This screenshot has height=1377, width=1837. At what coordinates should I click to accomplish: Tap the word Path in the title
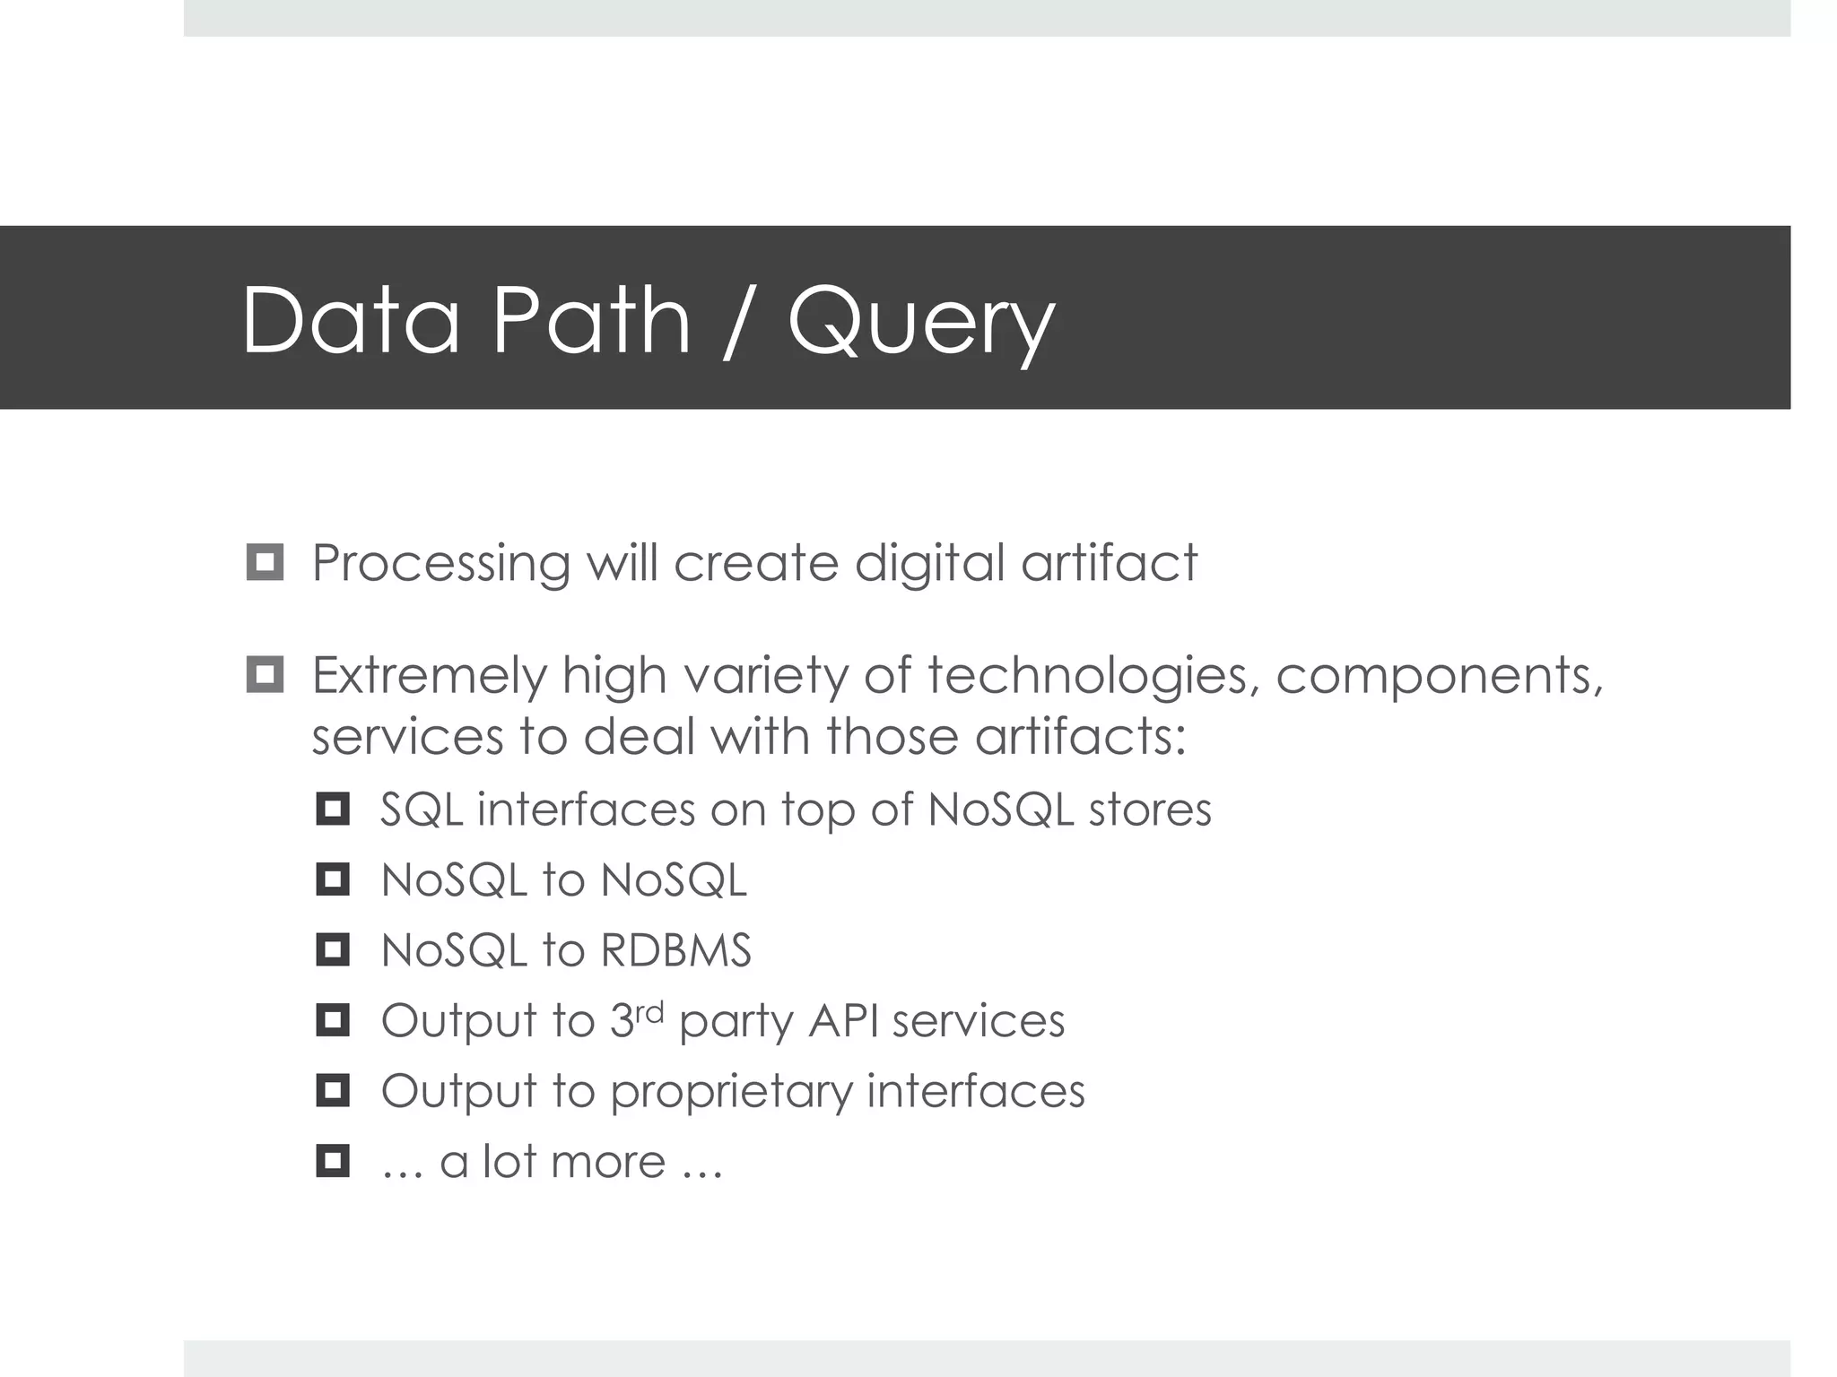(591, 319)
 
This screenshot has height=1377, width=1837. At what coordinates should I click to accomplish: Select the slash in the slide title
(739, 321)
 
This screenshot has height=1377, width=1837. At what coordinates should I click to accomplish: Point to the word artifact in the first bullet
(1109, 563)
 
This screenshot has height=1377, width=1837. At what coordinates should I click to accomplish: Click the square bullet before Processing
(265, 563)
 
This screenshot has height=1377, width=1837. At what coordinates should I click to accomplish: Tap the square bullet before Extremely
(265, 675)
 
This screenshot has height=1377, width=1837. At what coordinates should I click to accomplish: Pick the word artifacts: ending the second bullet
(1081, 737)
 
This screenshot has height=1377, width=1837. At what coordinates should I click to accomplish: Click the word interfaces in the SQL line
(586, 810)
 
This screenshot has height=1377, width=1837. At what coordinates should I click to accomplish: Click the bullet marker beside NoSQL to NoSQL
(333, 879)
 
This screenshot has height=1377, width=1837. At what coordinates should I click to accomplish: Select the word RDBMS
(675, 950)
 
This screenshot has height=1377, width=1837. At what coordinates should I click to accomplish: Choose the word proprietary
(731, 1093)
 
